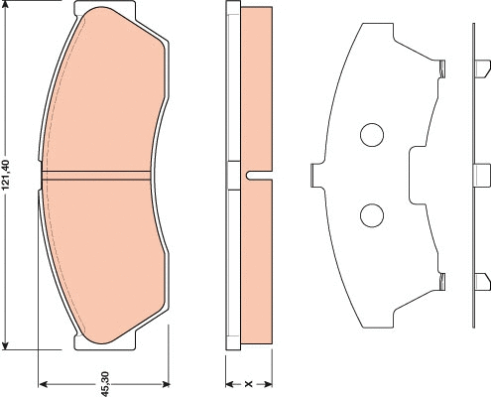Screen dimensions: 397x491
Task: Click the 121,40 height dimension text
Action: tap(8, 177)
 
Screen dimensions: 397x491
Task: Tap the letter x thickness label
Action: tap(248, 381)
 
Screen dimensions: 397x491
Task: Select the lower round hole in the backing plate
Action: tap(372, 213)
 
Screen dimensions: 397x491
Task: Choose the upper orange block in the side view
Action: tap(255, 89)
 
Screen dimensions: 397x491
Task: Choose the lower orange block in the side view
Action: tap(255, 263)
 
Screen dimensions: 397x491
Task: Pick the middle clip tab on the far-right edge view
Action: tap(482, 175)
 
